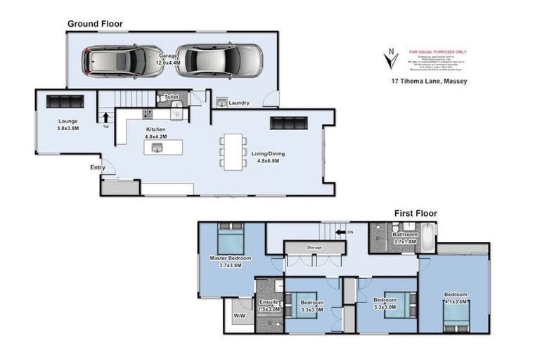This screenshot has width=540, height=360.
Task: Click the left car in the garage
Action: [x=115, y=61]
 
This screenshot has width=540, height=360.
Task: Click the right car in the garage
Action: [x=219, y=60]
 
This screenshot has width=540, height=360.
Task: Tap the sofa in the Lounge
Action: [x=60, y=101]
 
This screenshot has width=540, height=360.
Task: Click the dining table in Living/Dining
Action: [x=233, y=151]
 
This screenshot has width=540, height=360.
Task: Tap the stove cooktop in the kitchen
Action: [x=148, y=113]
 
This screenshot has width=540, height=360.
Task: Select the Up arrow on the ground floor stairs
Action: [x=105, y=117]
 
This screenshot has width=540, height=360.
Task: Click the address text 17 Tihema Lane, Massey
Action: [x=429, y=81]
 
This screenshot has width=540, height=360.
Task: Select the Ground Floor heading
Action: [x=95, y=24]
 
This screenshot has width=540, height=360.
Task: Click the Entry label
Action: [x=98, y=167]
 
